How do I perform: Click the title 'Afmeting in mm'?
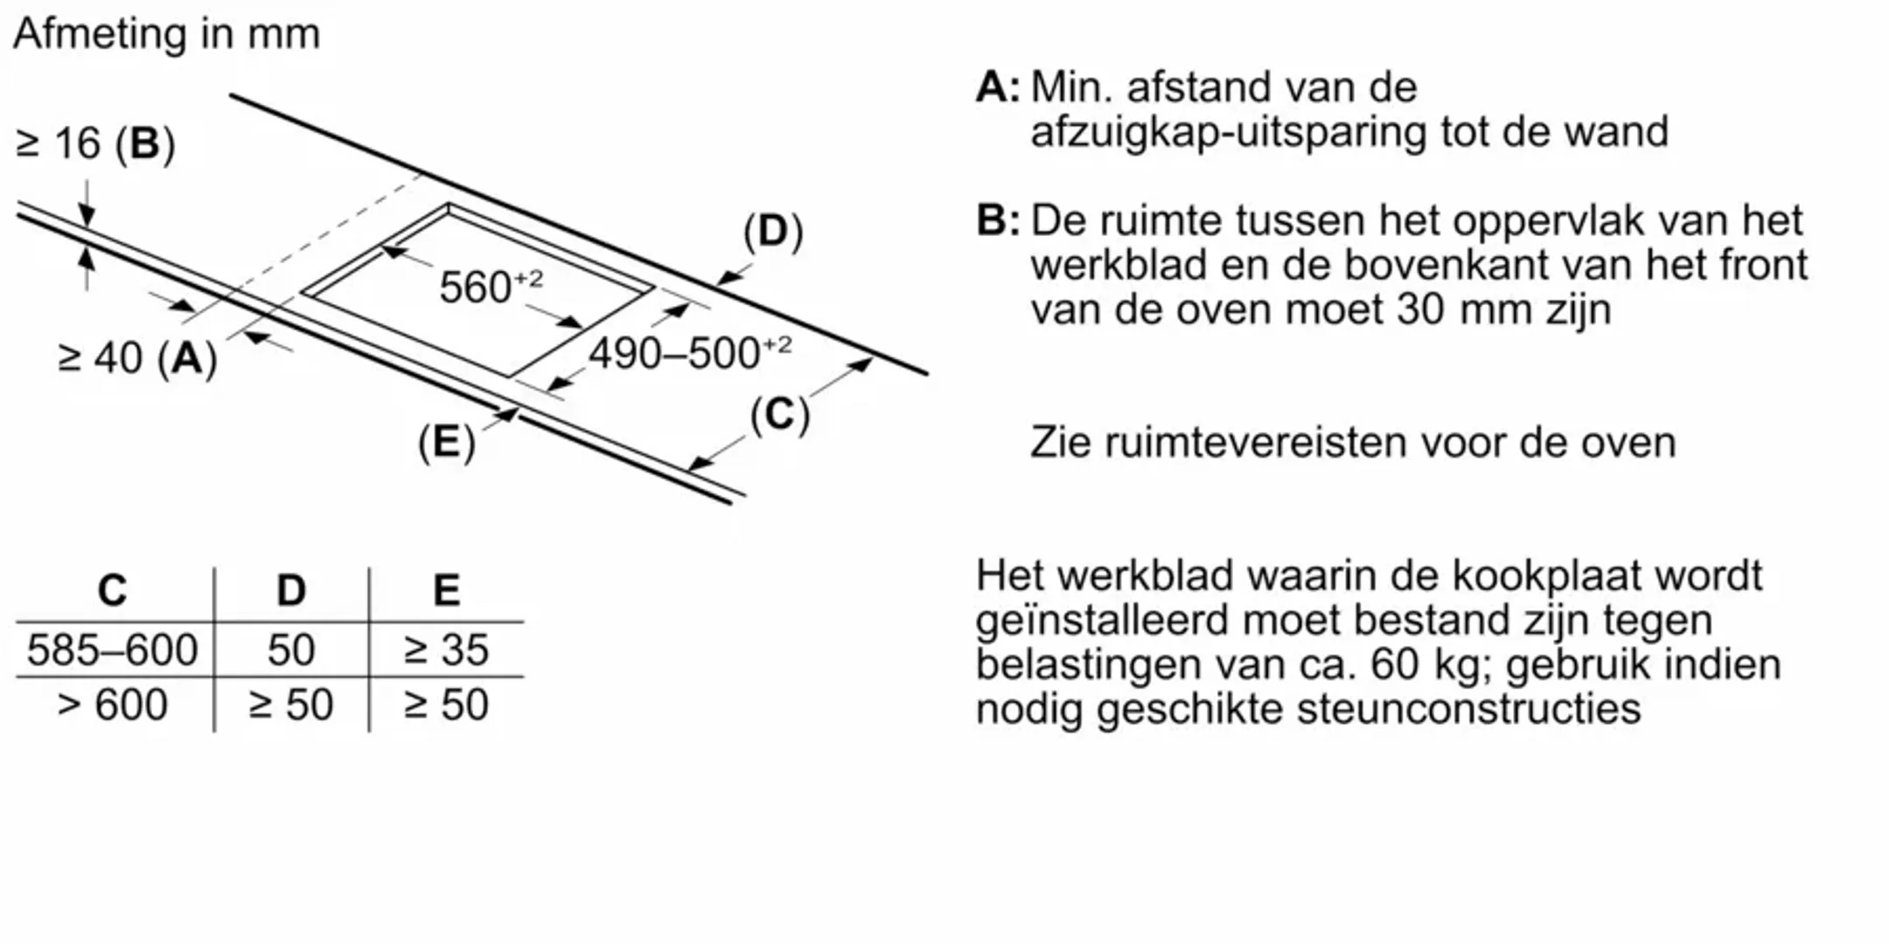[x=166, y=35]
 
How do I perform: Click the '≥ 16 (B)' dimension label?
[x=95, y=143]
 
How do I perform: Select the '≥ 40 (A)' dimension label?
[x=137, y=358]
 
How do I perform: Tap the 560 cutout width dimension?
[x=490, y=286]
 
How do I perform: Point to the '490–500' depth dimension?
[x=689, y=353]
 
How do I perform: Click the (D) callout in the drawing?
[x=772, y=232]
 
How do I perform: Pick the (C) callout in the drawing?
[x=779, y=414]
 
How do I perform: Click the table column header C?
[x=112, y=591]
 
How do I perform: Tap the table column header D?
[x=291, y=591]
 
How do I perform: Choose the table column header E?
[x=446, y=591]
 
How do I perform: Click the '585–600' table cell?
[x=112, y=650]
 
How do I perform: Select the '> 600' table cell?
[x=112, y=705]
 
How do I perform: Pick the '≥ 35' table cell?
[x=446, y=650]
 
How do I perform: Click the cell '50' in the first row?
[x=291, y=650]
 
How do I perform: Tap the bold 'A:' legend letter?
[x=997, y=87]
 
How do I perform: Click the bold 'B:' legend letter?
[x=997, y=220]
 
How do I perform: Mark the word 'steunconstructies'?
[x=1468, y=709]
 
